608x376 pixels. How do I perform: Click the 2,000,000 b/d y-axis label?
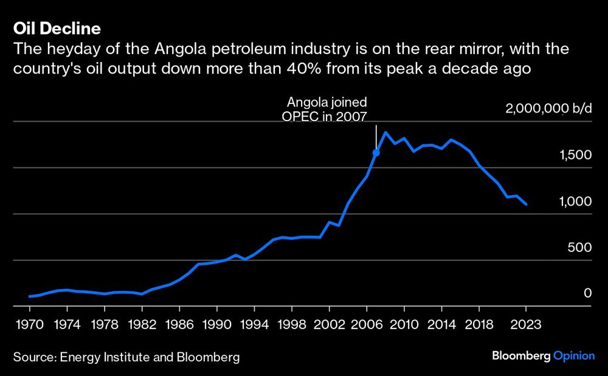[548, 110]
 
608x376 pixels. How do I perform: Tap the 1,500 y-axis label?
[575, 156]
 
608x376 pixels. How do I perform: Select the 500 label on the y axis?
[580, 248]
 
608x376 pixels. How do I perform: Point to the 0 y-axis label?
[587, 294]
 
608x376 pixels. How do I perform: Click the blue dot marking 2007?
[376, 153]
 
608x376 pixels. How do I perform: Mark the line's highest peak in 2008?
[385, 132]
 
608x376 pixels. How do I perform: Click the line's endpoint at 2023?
[525, 204]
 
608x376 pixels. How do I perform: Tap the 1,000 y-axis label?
[575, 202]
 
